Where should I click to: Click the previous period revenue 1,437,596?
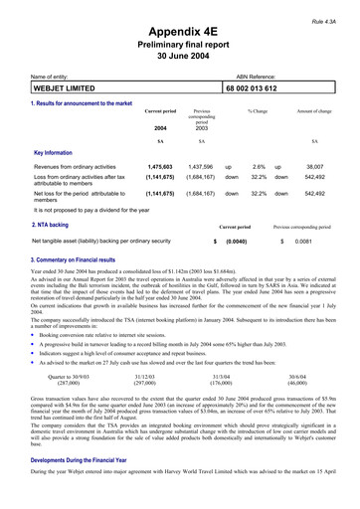click(201, 168)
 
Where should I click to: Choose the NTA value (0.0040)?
click(236, 242)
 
